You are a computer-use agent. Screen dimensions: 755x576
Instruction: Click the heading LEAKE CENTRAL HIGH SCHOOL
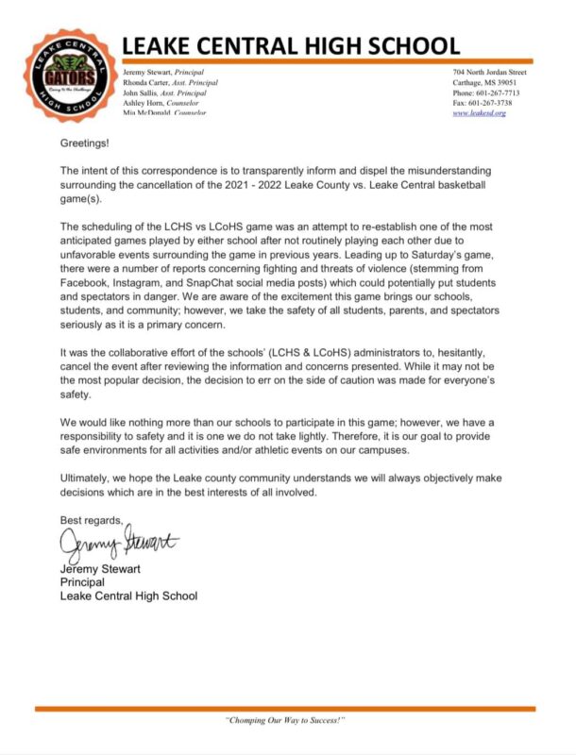291,44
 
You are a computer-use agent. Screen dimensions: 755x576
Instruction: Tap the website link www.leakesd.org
480,113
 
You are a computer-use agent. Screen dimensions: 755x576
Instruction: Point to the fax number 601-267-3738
500,103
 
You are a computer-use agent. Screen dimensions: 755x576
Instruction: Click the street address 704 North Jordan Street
492,72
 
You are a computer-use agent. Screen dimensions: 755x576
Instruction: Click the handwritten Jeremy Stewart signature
118,545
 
